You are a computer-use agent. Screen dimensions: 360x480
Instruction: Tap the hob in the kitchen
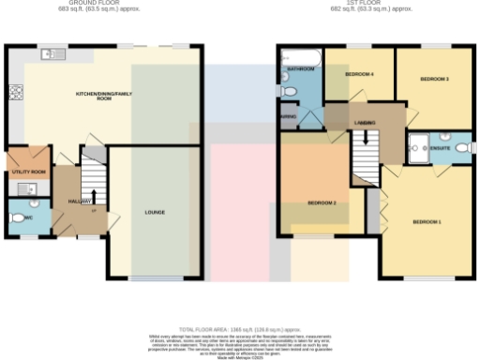coord(15,92)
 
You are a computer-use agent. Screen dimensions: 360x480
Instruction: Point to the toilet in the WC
coord(16,220)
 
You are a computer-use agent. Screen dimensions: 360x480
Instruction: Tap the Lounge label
coord(155,212)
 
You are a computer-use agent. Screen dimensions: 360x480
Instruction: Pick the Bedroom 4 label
coord(359,73)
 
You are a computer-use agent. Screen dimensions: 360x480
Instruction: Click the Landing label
coord(366,123)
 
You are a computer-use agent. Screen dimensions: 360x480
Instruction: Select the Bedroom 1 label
coord(427,221)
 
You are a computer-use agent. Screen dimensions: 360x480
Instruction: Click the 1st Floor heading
coord(371,4)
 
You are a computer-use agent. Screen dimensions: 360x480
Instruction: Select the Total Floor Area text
coord(240,330)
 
